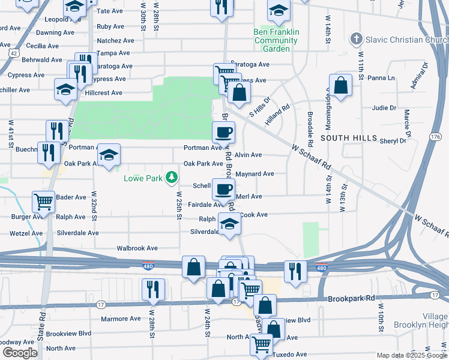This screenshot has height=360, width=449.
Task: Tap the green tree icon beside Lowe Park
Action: tap(172, 178)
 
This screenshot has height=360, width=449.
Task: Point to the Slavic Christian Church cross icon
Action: tap(356, 40)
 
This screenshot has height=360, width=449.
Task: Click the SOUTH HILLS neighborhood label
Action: tap(343, 138)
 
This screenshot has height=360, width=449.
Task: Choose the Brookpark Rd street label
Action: tap(351, 298)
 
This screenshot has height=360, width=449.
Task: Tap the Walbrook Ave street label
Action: tap(137, 248)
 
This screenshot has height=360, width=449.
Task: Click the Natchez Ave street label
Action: tap(115, 40)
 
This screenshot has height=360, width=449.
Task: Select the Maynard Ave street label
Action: tap(255, 174)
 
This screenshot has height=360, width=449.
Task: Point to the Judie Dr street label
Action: tap(384, 108)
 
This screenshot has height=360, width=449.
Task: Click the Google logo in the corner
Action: tap(20, 352)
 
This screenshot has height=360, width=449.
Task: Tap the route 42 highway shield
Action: tap(13, 52)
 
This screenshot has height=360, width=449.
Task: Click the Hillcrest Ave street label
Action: tap(103, 93)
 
